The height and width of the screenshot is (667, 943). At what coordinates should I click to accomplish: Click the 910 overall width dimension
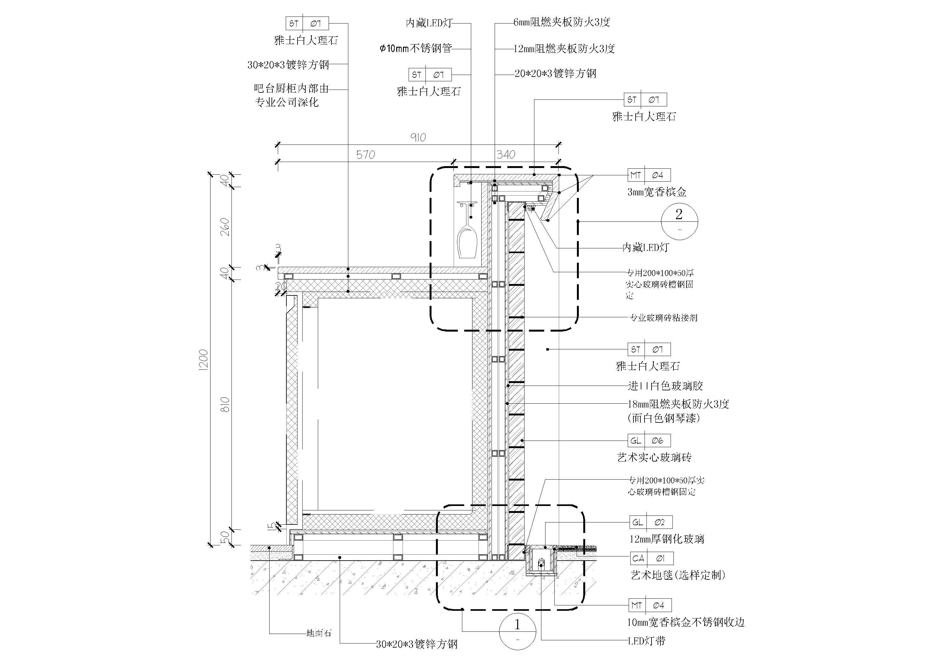[x=418, y=137]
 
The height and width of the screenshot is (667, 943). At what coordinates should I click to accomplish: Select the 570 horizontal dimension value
[x=365, y=155]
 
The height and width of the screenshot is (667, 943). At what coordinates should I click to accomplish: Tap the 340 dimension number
[x=505, y=155]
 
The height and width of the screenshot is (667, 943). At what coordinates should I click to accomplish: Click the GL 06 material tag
[x=649, y=441]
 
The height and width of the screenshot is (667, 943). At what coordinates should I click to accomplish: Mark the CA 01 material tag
[x=652, y=558]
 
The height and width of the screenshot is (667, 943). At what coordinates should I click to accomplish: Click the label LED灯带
[x=646, y=641]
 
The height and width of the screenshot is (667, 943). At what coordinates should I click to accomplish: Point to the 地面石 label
[x=319, y=633]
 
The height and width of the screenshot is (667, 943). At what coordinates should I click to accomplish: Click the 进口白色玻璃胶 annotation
[x=665, y=386]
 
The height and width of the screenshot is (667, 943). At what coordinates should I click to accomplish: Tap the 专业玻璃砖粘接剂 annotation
[x=663, y=318]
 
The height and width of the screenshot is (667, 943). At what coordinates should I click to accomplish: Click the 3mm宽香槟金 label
[x=657, y=192]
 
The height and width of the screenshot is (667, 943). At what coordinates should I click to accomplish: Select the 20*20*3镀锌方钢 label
[x=555, y=74]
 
